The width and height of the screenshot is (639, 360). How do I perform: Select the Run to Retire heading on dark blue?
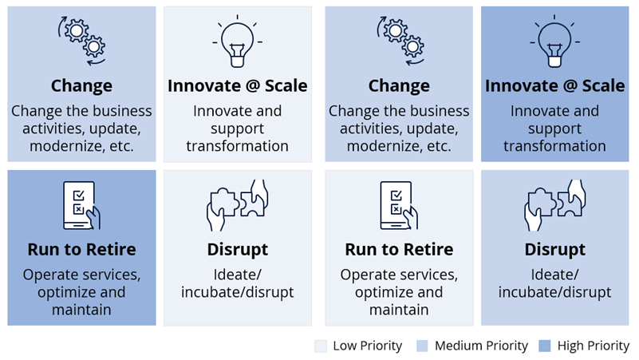coord(81,250)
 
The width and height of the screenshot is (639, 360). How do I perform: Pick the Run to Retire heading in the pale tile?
coord(399,250)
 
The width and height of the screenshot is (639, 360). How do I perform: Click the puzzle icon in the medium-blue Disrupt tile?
coord(554,205)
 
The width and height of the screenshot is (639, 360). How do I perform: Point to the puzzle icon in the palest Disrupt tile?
coord(237,205)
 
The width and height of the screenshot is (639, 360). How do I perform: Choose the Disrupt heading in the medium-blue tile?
coord(554,250)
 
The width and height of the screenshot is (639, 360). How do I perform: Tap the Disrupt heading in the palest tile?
coord(237,250)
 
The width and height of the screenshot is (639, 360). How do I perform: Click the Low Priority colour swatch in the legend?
coord(321,346)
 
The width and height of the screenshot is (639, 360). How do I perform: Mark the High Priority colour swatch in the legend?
coord(545,346)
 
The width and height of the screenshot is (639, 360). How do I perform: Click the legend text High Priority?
coord(594,346)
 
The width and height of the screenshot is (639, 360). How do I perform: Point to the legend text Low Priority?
coord(367,346)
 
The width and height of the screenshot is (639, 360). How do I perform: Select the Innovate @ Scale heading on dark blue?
coord(554,86)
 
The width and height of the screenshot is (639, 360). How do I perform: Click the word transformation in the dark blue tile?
coord(554,146)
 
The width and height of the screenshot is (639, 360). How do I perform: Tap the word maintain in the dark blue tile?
coord(81,310)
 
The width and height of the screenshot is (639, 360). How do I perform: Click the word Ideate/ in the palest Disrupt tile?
coord(237,275)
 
